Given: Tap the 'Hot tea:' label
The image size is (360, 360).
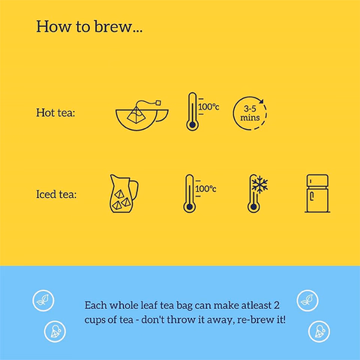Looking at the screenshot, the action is click(55, 112).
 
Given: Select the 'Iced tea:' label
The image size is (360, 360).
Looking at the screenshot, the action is click(56, 194).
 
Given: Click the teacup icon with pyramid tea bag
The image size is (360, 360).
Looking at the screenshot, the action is click(142, 115).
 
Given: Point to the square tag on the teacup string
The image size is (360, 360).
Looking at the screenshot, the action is click(158, 103).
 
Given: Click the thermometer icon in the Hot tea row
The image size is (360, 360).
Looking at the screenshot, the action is click(192, 112).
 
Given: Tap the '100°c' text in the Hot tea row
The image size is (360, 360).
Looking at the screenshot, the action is click(208, 107).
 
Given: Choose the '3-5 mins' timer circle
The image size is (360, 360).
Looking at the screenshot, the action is click(250, 113).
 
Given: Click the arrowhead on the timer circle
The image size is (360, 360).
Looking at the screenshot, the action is click(261, 101).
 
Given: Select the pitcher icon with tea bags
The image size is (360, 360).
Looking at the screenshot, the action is click(124, 193).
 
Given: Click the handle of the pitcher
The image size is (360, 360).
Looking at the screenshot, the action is click(134, 190).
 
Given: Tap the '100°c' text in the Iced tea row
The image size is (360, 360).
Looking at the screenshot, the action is click(205, 189).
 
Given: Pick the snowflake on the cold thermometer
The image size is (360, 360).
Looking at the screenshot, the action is click(260, 184).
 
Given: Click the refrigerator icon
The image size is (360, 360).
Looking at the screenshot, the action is click(317, 193).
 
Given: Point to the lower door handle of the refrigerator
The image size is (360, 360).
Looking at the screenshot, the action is click(312, 196).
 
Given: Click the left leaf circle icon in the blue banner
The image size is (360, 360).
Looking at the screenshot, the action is click(43, 301).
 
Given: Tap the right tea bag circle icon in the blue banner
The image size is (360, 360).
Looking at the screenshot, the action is click(319, 331).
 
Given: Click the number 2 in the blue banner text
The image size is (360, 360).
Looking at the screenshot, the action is click(277, 305).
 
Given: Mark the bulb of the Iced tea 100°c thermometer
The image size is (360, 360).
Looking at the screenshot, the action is click(190, 207).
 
